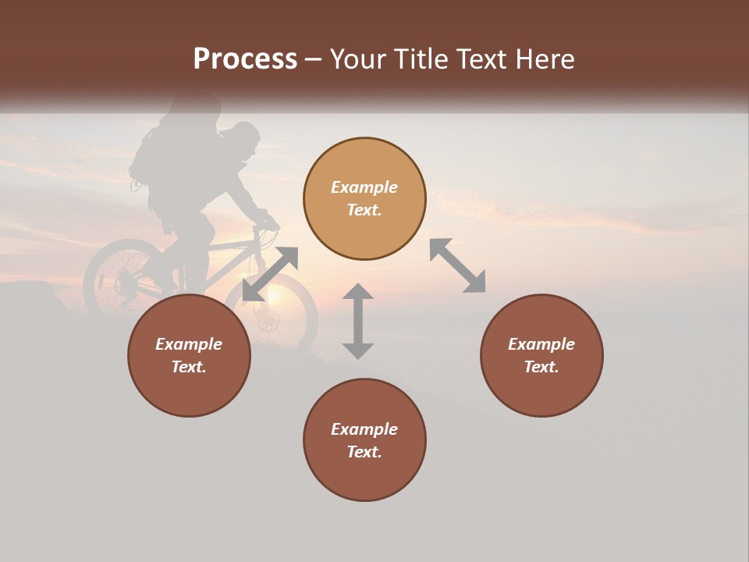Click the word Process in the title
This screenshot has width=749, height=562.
[x=245, y=59]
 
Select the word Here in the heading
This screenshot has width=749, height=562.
[x=543, y=59]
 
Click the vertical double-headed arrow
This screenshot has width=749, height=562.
[x=358, y=321]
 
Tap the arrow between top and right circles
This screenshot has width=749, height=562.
[x=457, y=265]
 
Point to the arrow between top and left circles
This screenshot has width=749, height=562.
[x=270, y=274]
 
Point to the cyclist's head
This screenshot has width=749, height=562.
[x=243, y=140]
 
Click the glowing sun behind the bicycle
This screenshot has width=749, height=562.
[x=275, y=295]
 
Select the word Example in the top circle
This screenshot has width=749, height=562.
[x=364, y=187]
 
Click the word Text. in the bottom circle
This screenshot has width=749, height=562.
[x=364, y=452]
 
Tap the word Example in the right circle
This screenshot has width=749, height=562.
[x=541, y=344]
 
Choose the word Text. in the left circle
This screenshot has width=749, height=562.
[x=189, y=367]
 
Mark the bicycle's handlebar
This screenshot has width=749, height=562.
[x=268, y=223]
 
